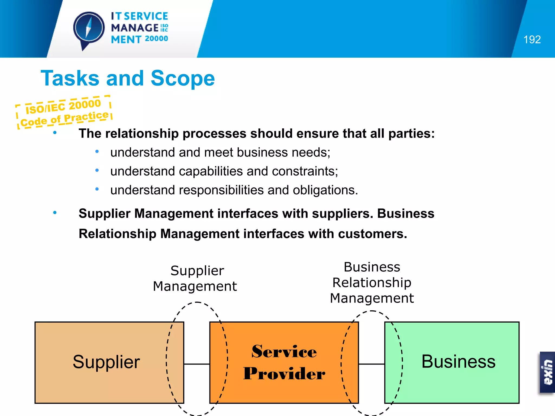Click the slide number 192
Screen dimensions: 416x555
[532, 40]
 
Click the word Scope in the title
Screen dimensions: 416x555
[183, 78]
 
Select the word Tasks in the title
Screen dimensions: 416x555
[70, 78]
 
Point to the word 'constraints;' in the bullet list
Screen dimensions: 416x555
[305, 171]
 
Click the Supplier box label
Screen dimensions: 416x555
[106, 362]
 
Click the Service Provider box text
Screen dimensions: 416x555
[284, 362]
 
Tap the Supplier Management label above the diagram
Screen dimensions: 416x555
[195, 278]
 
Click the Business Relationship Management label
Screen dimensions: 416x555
[372, 282]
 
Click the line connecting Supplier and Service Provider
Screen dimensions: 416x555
[197, 364]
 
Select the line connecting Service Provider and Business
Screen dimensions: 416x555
[372, 364]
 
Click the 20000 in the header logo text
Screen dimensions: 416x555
[156, 39]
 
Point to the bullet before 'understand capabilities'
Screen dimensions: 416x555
[97, 170]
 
